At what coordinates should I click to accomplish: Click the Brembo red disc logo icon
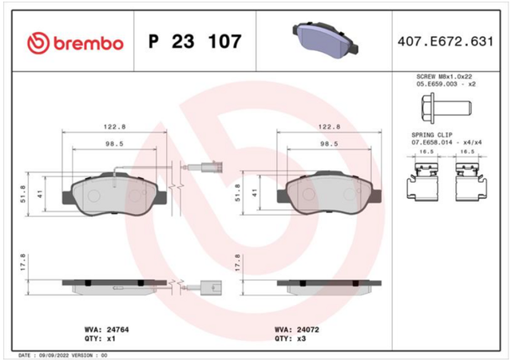38,43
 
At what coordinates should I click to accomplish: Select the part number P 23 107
195,42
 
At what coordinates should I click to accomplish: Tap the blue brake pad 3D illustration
325,40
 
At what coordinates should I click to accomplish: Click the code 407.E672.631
446,42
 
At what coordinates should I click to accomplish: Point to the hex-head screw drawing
446,109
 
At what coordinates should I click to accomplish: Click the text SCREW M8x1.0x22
444,77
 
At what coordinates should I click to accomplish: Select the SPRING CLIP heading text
432,135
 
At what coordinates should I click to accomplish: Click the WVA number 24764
117,330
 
